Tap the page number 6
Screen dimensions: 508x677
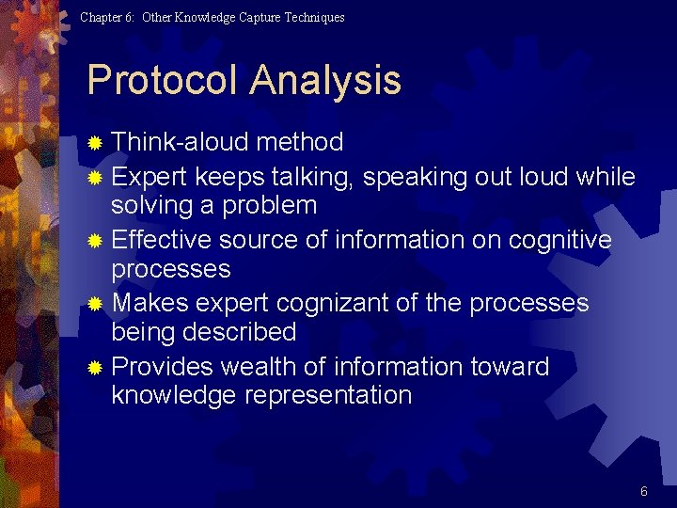644,491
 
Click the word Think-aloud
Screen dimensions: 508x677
179,143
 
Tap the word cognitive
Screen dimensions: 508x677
560,241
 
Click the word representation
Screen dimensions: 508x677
328,395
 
